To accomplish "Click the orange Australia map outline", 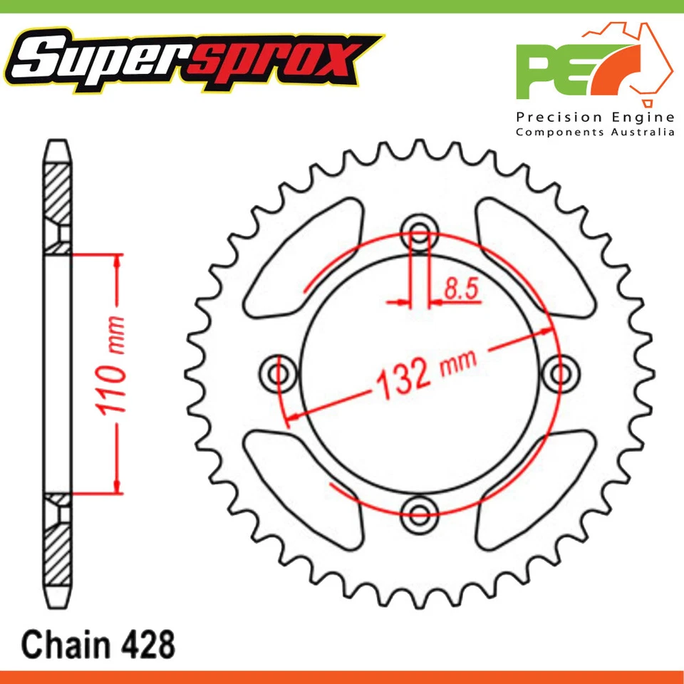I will [630, 61].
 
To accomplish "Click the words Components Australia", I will [595, 132].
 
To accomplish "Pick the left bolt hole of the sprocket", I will [280, 373].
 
